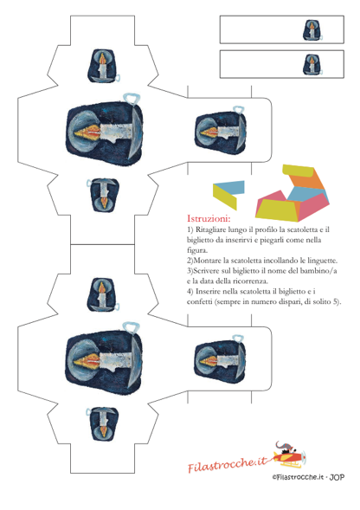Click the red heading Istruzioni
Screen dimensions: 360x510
(209, 218)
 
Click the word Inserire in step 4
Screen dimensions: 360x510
(209, 291)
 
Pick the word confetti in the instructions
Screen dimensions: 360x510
(199, 301)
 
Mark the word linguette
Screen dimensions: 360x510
(323, 261)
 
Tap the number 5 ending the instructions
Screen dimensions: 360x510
(335, 301)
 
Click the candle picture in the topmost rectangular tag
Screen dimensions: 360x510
(312, 30)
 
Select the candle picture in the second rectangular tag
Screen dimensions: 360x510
(312, 65)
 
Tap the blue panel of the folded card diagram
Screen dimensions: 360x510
(230, 188)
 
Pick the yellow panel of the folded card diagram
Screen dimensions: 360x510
(224, 197)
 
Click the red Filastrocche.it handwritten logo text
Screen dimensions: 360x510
(228, 464)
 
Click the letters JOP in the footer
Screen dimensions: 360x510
(337, 477)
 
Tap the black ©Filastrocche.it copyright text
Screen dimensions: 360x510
(299, 477)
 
